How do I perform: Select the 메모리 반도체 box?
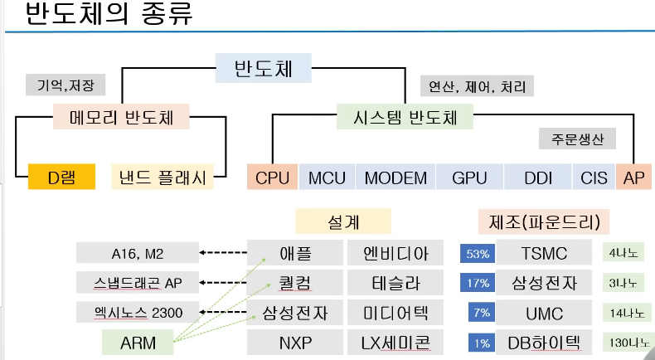[x=122, y=117]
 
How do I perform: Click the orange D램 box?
[x=61, y=176]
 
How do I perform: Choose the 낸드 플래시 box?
[x=163, y=176]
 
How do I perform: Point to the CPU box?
[x=272, y=177]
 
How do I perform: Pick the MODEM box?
[x=395, y=177]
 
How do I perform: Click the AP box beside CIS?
[x=634, y=177]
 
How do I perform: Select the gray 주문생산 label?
[x=577, y=138]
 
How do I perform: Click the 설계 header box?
[x=343, y=221]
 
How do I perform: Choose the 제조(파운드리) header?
[x=544, y=221]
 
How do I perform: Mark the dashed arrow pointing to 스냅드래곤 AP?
[x=225, y=283]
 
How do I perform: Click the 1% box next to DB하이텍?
[x=477, y=342]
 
